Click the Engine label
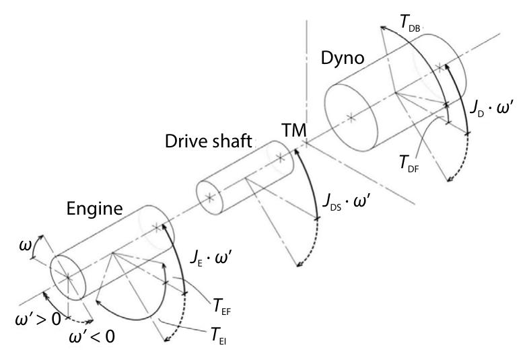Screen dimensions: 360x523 pos(94,209)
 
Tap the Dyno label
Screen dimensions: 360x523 pos(342,59)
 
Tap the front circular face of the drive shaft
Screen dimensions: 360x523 pos(211,197)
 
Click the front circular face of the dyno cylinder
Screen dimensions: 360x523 pos(350,118)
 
